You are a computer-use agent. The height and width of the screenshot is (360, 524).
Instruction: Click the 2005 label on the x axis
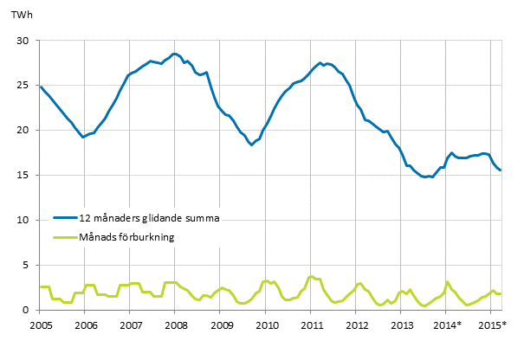click(40, 325)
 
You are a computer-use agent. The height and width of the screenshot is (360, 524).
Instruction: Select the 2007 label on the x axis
click(131, 325)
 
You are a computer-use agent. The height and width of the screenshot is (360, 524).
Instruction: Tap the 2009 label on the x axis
click(222, 325)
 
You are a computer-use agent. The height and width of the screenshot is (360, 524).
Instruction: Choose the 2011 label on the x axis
click(313, 325)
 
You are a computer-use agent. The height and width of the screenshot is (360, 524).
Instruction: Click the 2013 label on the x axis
click(403, 325)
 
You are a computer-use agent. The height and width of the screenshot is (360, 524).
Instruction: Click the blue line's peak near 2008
click(174, 54)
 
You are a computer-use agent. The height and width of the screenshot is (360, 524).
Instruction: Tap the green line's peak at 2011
click(312, 277)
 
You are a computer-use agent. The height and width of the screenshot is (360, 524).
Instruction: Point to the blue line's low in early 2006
click(82, 137)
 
